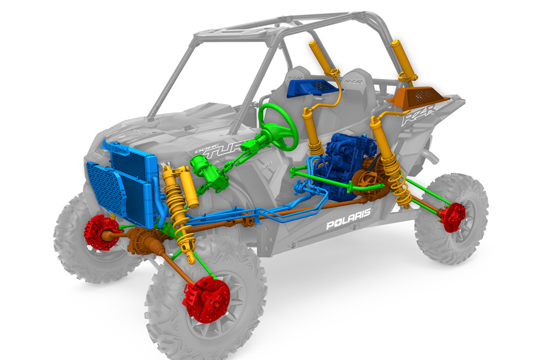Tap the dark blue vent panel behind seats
313,89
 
